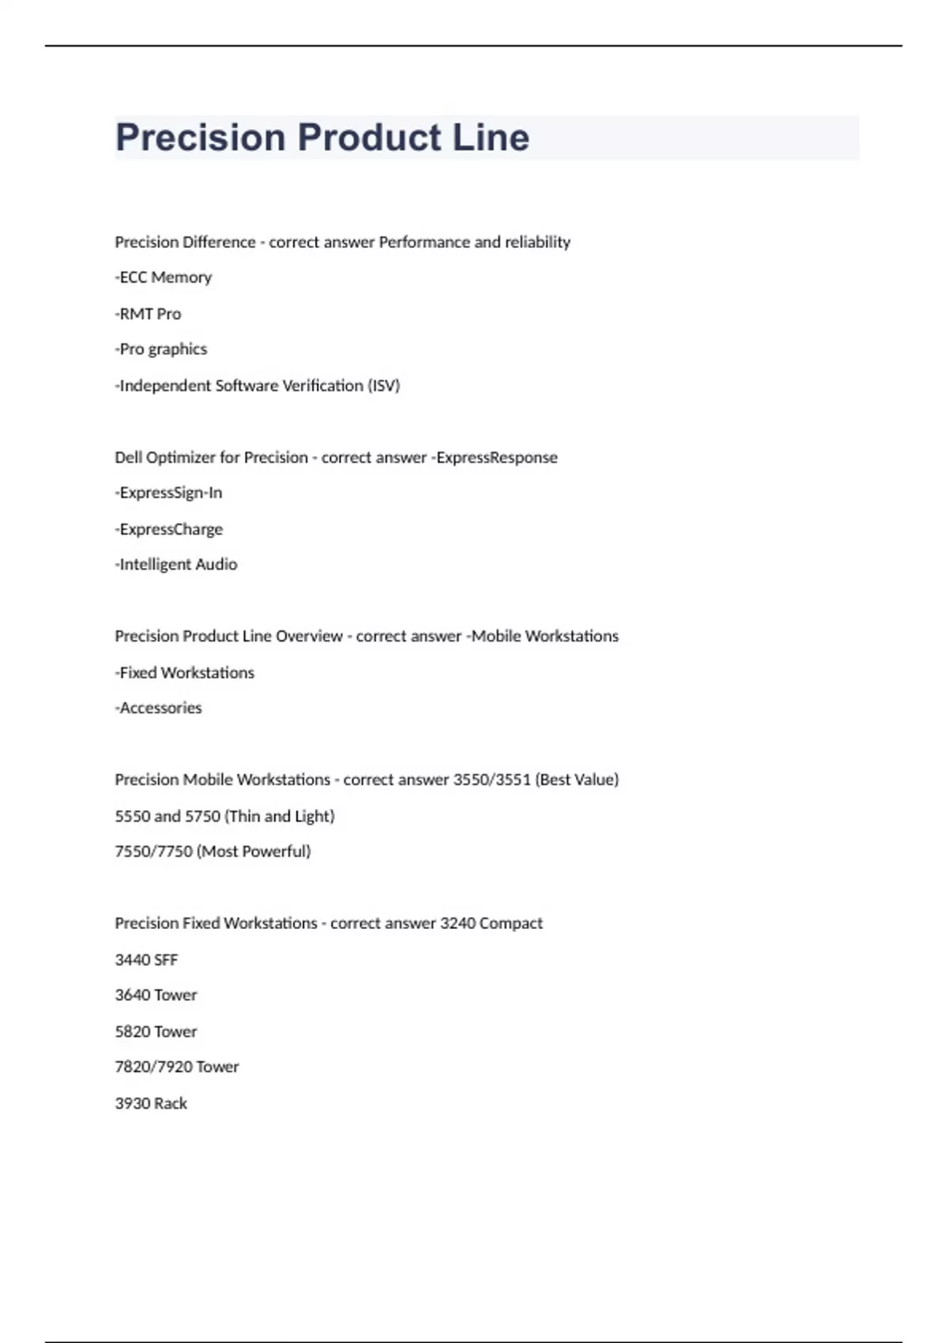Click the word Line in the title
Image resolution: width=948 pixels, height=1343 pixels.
[x=491, y=137]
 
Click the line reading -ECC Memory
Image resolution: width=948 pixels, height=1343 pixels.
[x=164, y=277]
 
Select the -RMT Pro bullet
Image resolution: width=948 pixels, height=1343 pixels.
[x=149, y=314]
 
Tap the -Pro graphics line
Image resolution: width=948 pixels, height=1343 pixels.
[x=161, y=349]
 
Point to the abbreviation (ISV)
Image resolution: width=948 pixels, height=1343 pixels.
[x=384, y=386]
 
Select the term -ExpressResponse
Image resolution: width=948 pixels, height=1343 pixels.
[x=495, y=457]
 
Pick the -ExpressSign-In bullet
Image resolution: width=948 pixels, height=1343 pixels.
[x=169, y=493]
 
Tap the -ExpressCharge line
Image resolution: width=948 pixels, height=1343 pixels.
[x=169, y=529]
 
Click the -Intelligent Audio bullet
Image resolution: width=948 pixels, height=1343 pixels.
[x=176, y=564]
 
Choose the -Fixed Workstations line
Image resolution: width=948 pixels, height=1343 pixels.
[x=185, y=672]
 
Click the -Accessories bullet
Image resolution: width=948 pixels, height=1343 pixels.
[x=159, y=708]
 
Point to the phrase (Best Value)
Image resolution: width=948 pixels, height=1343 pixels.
[x=577, y=780]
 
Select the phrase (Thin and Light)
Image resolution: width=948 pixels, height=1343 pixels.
[x=280, y=816]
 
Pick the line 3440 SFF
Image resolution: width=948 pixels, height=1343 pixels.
[x=147, y=960]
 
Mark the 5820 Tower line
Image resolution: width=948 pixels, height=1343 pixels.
[x=156, y=1032]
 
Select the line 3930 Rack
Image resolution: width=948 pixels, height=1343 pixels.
[x=151, y=1104]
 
